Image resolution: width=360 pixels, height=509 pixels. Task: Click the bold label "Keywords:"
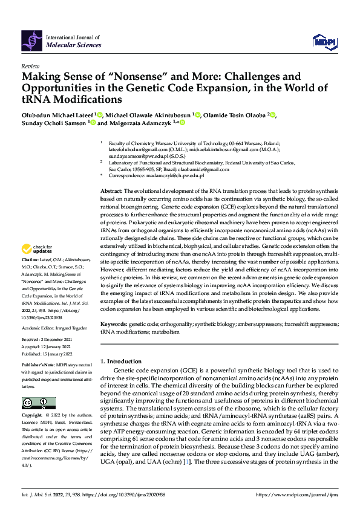coord(116,325)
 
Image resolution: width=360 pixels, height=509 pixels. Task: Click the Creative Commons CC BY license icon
coord(38,403)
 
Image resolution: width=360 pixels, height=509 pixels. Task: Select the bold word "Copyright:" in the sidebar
coord(33,416)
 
